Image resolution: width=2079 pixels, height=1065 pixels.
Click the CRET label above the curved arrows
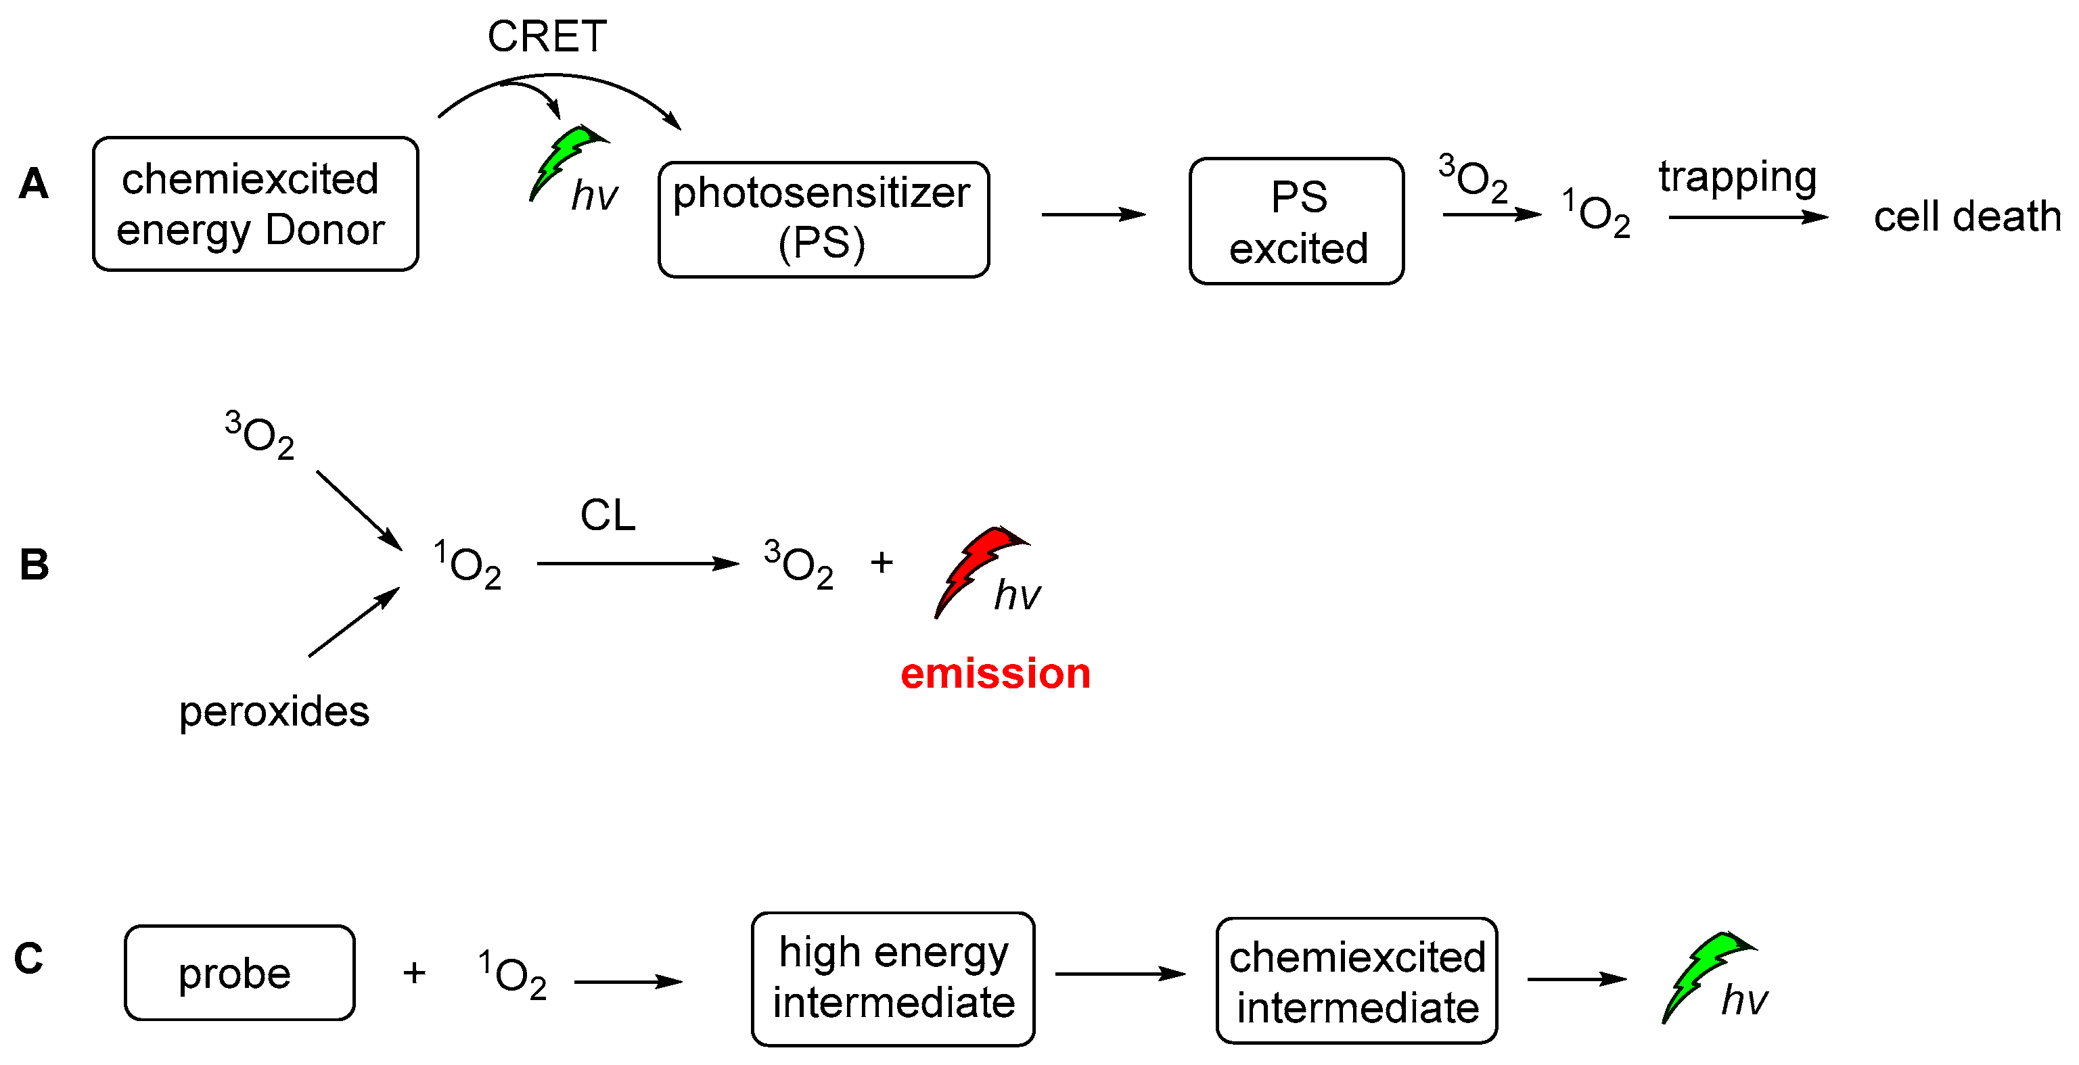547,37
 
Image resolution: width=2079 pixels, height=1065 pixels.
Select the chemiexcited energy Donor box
255,204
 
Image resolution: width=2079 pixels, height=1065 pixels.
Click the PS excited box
1296,221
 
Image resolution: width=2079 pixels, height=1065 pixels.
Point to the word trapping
1737,177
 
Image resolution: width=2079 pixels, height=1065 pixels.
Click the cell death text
1966,216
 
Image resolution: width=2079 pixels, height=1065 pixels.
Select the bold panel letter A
33,183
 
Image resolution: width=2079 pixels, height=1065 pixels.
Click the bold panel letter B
34,564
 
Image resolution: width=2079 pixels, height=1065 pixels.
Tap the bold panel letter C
29,959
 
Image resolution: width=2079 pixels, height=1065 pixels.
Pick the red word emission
995,673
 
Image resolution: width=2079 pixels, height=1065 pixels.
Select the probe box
239,972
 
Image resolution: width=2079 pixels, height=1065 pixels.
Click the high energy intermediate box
892,978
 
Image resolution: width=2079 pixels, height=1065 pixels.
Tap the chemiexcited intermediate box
1356,980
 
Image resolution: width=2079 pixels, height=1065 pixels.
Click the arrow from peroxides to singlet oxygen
354,622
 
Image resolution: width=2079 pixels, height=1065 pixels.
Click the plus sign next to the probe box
414,972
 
